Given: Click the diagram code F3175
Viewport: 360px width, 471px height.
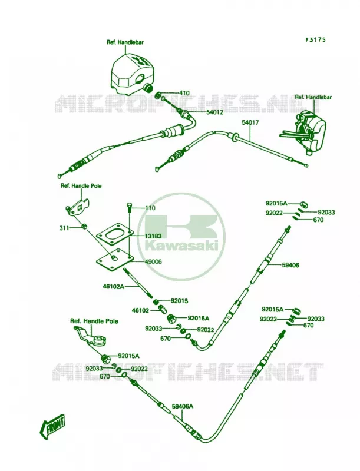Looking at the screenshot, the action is pos(316,40).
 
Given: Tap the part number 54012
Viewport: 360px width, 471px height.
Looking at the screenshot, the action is pos(215,112).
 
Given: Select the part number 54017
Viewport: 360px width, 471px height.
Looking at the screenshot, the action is pos(250,122).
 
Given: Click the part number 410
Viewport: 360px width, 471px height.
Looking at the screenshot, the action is pos(184,93).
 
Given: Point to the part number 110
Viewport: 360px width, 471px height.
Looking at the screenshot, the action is pos(150,208).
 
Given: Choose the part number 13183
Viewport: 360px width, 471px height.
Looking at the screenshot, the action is pos(153,237).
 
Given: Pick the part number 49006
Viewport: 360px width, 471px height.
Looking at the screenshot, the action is pos(153,262).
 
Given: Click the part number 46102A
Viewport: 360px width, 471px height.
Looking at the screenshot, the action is pos(114,287).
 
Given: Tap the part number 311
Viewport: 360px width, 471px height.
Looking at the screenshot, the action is pos(64,228).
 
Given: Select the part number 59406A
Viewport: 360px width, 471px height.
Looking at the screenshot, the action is pos(183,407).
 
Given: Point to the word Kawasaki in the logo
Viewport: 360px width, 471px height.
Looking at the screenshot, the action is pos(181,246).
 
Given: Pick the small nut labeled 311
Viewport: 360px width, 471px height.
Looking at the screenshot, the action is pos(85,226).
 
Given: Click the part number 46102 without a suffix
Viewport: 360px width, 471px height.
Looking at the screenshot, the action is pos(140,310).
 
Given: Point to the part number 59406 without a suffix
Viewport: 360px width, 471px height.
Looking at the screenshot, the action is pos(290,266).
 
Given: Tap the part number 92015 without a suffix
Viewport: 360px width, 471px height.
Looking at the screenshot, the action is pos(179,301).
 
